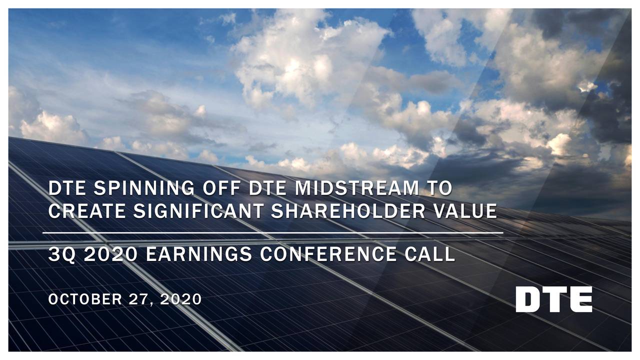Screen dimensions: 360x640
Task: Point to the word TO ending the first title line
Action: pyautogui.click(x=438, y=189)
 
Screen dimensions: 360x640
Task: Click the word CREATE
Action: pyautogui.click(x=85, y=211)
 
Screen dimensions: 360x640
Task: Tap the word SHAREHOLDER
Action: pyautogui.click(x=344, y=211)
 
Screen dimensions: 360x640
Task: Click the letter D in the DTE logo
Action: pyautogui.click(x=528, y=299)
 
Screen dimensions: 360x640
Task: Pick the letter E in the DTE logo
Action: pyautogui.click(x=580, y=299)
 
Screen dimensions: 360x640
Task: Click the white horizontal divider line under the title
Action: pyautogui.click(x=272, y=233)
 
